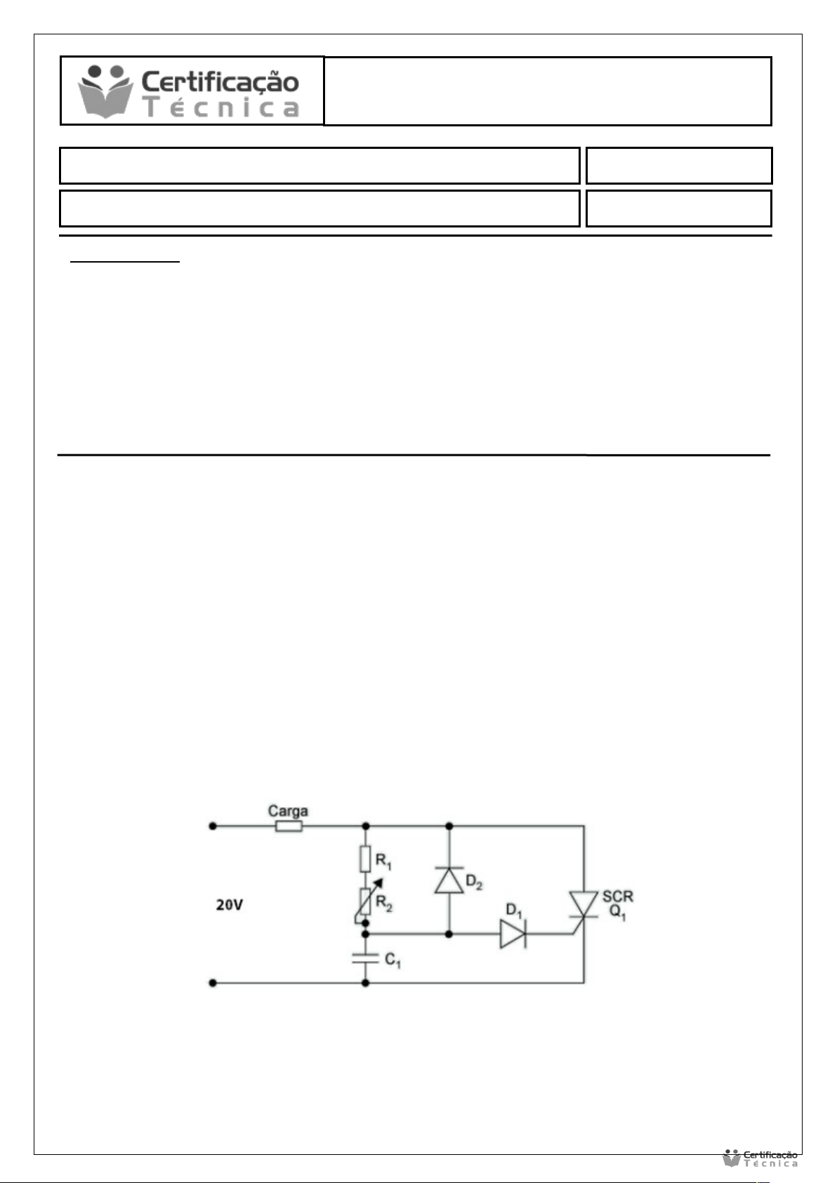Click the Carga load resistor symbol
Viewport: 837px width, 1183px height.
289,826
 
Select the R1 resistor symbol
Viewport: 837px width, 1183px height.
365,859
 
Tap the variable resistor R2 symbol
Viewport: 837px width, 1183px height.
366,901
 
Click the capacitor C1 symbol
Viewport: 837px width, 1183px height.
365,958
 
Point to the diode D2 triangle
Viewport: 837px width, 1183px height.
449,880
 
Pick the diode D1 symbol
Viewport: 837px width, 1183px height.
513,934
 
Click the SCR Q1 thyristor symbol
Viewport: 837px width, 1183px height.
584,905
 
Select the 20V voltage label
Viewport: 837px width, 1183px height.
230,905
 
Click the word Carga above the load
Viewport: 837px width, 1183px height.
288,811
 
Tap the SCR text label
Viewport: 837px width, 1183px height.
617,897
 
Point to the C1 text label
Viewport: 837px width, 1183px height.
393,960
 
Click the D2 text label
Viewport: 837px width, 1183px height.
474,883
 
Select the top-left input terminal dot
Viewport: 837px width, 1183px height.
213,826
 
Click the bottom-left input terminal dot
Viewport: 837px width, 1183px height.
213,983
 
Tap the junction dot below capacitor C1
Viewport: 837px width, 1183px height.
365,983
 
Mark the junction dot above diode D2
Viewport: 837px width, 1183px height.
449,826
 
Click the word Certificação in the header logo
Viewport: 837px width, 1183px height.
220,83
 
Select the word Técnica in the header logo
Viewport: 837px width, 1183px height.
220,108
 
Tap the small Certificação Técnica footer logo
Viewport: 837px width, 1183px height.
760,1158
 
